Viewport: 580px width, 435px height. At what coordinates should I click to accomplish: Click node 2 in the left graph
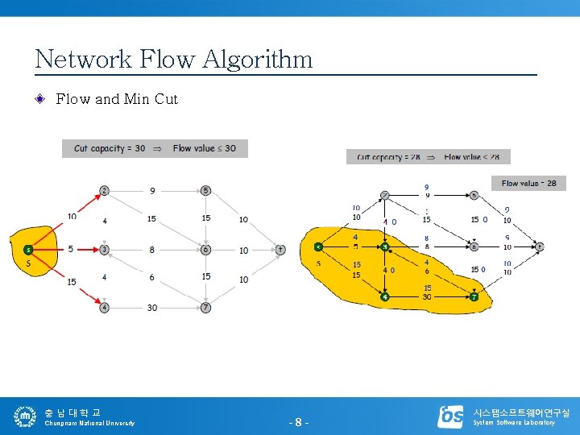click(104, 191)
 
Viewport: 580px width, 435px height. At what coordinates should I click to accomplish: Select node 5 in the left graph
click(205, 191)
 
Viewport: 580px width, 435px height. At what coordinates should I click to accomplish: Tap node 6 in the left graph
click(205, 250)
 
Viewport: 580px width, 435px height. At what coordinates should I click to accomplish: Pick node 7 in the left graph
click(205, 307)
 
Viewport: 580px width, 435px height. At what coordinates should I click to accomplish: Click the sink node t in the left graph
click(280, 250)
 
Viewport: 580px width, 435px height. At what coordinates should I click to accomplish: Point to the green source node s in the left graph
click(28, 249)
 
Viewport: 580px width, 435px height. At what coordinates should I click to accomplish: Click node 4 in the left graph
click(104, 307)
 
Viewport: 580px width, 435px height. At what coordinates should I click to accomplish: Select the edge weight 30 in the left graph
click(152, 308)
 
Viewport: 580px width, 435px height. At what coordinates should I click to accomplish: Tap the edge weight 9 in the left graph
click(152, 191)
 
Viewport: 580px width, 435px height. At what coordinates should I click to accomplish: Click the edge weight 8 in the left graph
click(151, 250)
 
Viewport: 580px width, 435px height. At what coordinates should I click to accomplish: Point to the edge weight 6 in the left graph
click(151, 277)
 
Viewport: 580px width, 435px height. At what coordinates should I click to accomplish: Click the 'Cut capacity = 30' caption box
click(155, 148)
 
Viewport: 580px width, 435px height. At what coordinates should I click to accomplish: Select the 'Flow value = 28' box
click(528, 183)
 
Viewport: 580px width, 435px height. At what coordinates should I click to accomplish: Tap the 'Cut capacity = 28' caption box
click(428, 157)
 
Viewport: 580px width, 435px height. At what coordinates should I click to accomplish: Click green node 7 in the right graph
click(474, 296)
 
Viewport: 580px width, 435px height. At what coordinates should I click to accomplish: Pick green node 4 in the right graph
click(385, 296)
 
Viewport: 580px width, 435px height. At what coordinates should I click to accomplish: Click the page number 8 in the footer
click(298, 422)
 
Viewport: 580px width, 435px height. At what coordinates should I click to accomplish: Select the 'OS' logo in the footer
click(450, 416)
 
